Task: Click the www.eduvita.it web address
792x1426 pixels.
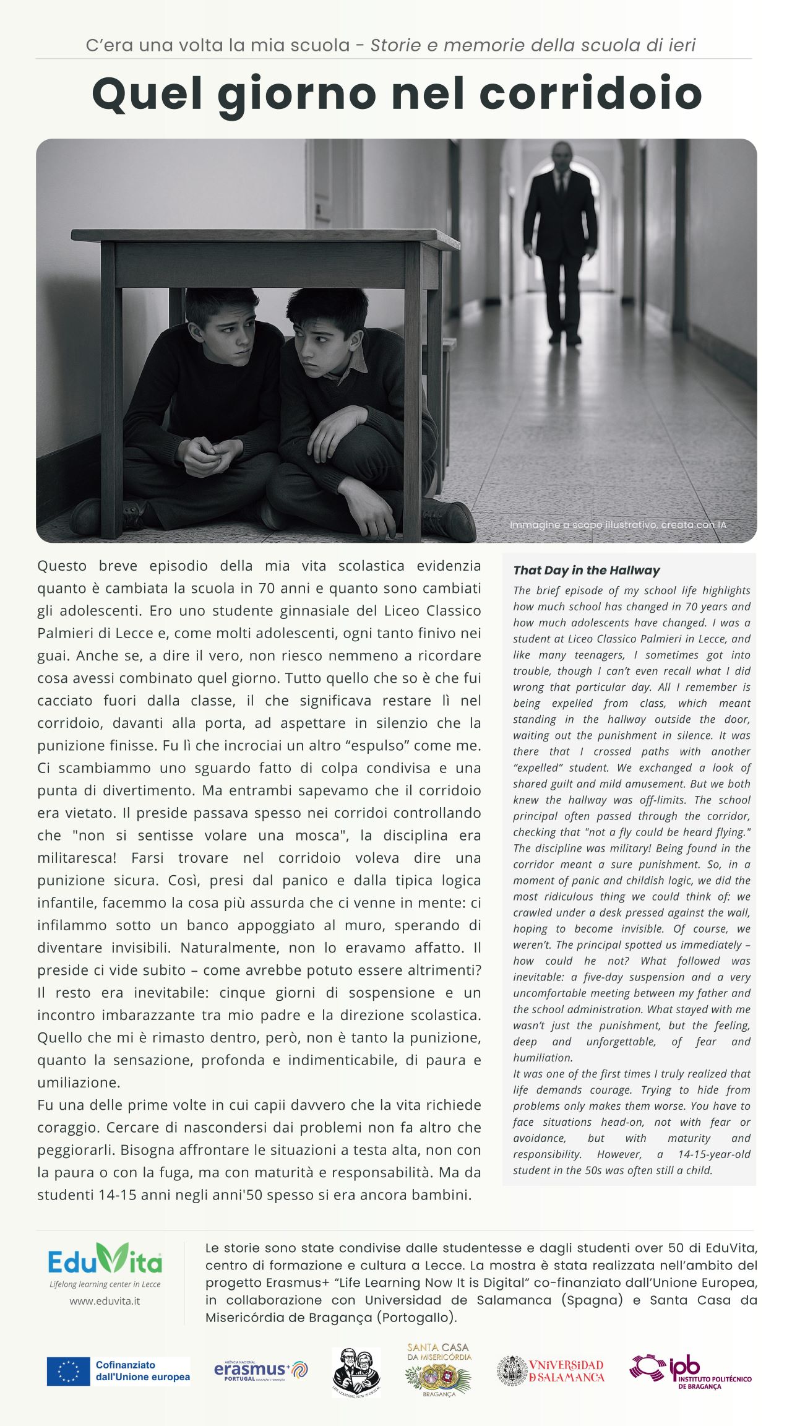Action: (105, 1301)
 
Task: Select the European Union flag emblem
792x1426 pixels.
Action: (69, 1372)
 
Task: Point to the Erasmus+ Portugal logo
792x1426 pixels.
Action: (260, 1370)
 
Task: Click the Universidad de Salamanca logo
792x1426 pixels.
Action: (551, 1370)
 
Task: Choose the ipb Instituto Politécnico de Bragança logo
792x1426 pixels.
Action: (691, 1372)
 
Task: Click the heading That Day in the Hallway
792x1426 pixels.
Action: (586, 570)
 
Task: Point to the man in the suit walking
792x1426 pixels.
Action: (561, 241)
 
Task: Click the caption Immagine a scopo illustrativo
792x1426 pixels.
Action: (618, 525)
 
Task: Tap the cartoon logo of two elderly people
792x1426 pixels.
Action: (356, 1372)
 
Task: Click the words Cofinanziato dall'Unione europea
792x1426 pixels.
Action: (142, 1372)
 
